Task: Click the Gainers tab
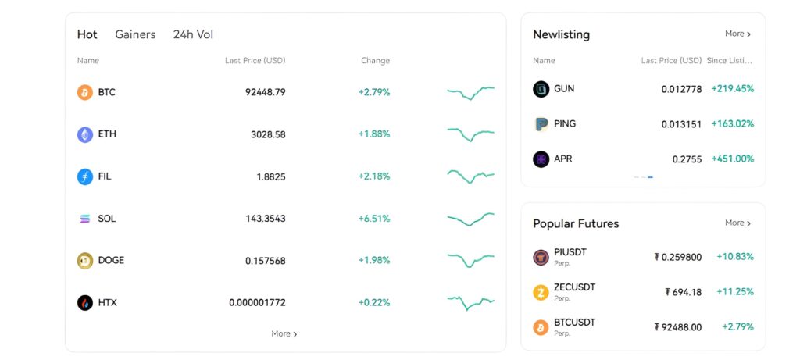(135, 34)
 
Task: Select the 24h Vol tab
(193, 34)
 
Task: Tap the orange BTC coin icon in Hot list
(84, 92)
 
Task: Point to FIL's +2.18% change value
(373, 176)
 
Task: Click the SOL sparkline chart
(470, 219)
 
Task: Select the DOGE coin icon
(84, 261)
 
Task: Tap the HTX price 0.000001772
(257, 303)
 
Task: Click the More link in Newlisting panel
(737, 34)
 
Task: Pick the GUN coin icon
(541, 89)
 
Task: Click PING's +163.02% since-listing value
(732, 124)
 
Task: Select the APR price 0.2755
(687, 159)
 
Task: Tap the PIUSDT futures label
(570, 252)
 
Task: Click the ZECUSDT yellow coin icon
(541, 292)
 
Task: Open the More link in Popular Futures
(737, 223)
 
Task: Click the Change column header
(375, 61)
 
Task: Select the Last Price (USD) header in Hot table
(255, 61)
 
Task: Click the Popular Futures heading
(576, 223)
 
